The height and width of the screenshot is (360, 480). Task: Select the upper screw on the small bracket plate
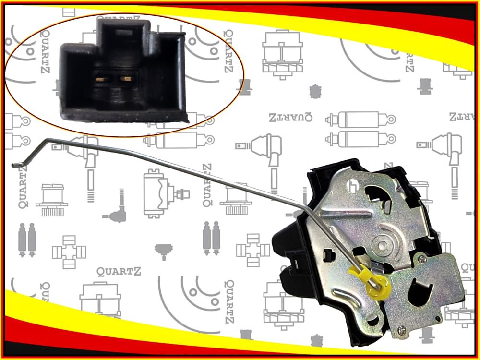click(421, 260)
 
